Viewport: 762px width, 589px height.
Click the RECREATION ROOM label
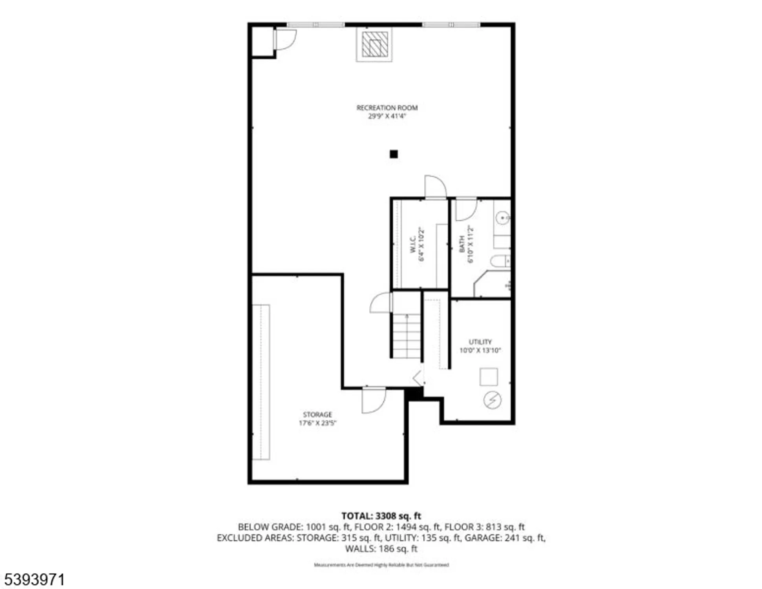[386, 108]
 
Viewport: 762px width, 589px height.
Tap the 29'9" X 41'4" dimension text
[386, 116]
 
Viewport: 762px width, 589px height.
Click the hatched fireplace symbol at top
[374, 44]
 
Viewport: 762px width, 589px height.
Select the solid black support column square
[394, 154]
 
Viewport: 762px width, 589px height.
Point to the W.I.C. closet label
[413, 244]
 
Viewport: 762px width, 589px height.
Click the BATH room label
[462, 244]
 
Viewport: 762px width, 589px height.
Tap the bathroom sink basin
[502, 218]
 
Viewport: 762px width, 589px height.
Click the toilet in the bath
[500, 261]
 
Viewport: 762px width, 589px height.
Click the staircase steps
[407, 336]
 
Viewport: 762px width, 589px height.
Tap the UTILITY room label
[480, 342]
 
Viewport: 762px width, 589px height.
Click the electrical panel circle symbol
[492, 400]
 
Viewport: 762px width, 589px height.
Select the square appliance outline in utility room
[489, 377]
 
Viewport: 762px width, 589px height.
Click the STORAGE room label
[317, 415]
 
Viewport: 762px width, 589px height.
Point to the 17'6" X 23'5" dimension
[317, 423]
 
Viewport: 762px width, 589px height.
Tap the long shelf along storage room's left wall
[261, 382]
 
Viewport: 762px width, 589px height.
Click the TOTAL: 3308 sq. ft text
[381, 516]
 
